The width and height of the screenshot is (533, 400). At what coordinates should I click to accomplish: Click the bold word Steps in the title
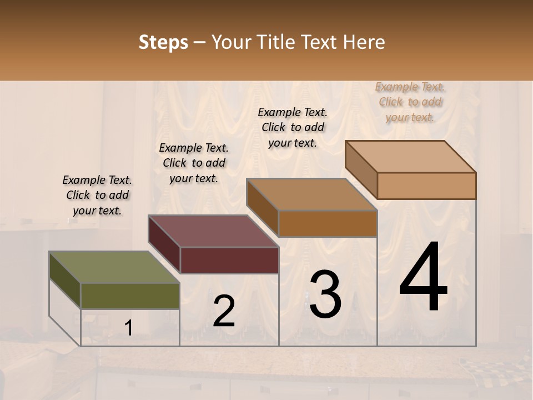coord(163,42)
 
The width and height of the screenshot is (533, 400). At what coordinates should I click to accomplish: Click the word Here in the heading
coord(364,42)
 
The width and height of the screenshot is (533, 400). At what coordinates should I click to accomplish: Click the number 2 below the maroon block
coord(224,311)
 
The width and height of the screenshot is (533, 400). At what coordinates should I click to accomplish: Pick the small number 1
coord(129,328)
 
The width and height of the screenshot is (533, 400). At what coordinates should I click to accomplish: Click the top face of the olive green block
coord(114,268)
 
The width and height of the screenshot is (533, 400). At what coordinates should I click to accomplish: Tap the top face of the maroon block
coord(213,231)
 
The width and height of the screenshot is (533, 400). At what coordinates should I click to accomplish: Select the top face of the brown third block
coord(311,194)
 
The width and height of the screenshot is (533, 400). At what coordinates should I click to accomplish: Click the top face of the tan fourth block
coord(411,157)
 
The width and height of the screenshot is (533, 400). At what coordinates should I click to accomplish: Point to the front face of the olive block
coord(130,296)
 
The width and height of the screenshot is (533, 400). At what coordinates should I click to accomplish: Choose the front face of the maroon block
coord(229,260)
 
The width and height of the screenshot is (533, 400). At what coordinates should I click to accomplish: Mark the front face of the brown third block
coord(328,223)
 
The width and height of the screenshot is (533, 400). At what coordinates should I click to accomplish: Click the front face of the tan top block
coord(426,186)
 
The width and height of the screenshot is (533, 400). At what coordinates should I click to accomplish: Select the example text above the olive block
coord(97,195)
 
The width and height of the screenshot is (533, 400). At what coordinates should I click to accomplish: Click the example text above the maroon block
coord(194,163)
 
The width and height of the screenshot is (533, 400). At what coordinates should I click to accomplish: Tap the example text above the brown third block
coord(293,127)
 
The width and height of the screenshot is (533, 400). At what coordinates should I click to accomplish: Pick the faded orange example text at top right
coord(410,102)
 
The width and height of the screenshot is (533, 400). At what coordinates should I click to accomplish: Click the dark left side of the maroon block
coord(164,244)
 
